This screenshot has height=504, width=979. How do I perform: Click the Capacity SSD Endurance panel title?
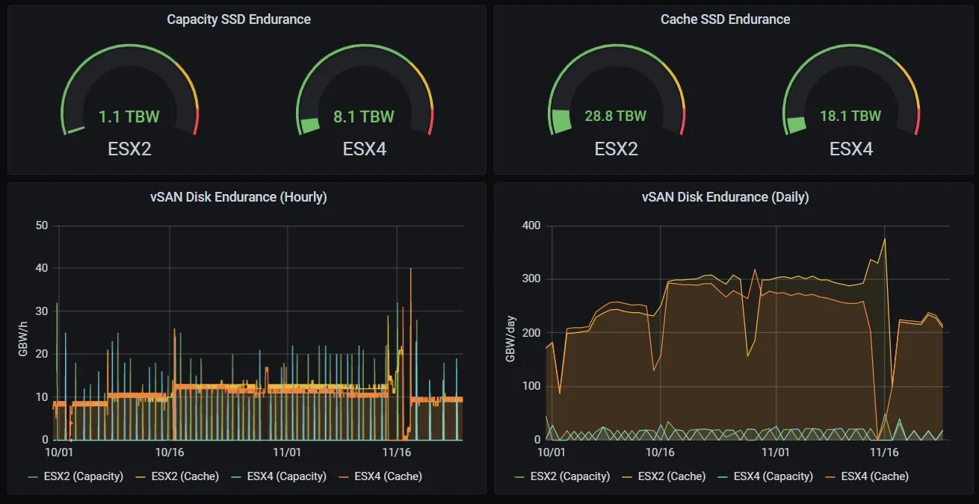(238, 19)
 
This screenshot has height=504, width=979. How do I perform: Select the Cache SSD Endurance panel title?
(725, 19)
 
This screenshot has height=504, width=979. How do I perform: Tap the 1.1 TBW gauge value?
(129, 116)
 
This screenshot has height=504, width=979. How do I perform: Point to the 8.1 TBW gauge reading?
(363, 116)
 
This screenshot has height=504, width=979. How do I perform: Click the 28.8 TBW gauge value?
(615, 116)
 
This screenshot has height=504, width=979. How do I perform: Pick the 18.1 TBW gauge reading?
(850, 116)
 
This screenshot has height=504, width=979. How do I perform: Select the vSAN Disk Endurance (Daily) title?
(725, 197)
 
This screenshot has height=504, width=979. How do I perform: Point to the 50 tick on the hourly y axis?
(42, 226)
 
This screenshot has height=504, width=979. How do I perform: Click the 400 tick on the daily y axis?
(529, 226)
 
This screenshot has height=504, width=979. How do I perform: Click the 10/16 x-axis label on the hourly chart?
(170, 452)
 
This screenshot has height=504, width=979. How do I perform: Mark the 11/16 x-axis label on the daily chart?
(884, 452)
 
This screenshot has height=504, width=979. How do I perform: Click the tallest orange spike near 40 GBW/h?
(410, 270)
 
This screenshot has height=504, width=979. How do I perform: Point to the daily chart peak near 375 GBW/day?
(885, 240)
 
